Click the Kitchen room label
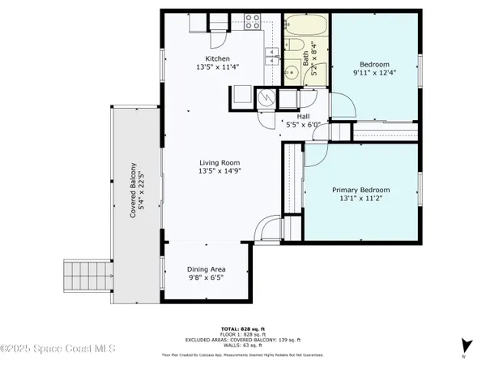pos(218,59)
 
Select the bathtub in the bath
pos(306,27)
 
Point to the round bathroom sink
pos(292,72)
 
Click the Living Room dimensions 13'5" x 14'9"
pos(220,171)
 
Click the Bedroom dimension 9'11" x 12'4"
pos(375,75)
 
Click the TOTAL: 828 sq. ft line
pos(243,328)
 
